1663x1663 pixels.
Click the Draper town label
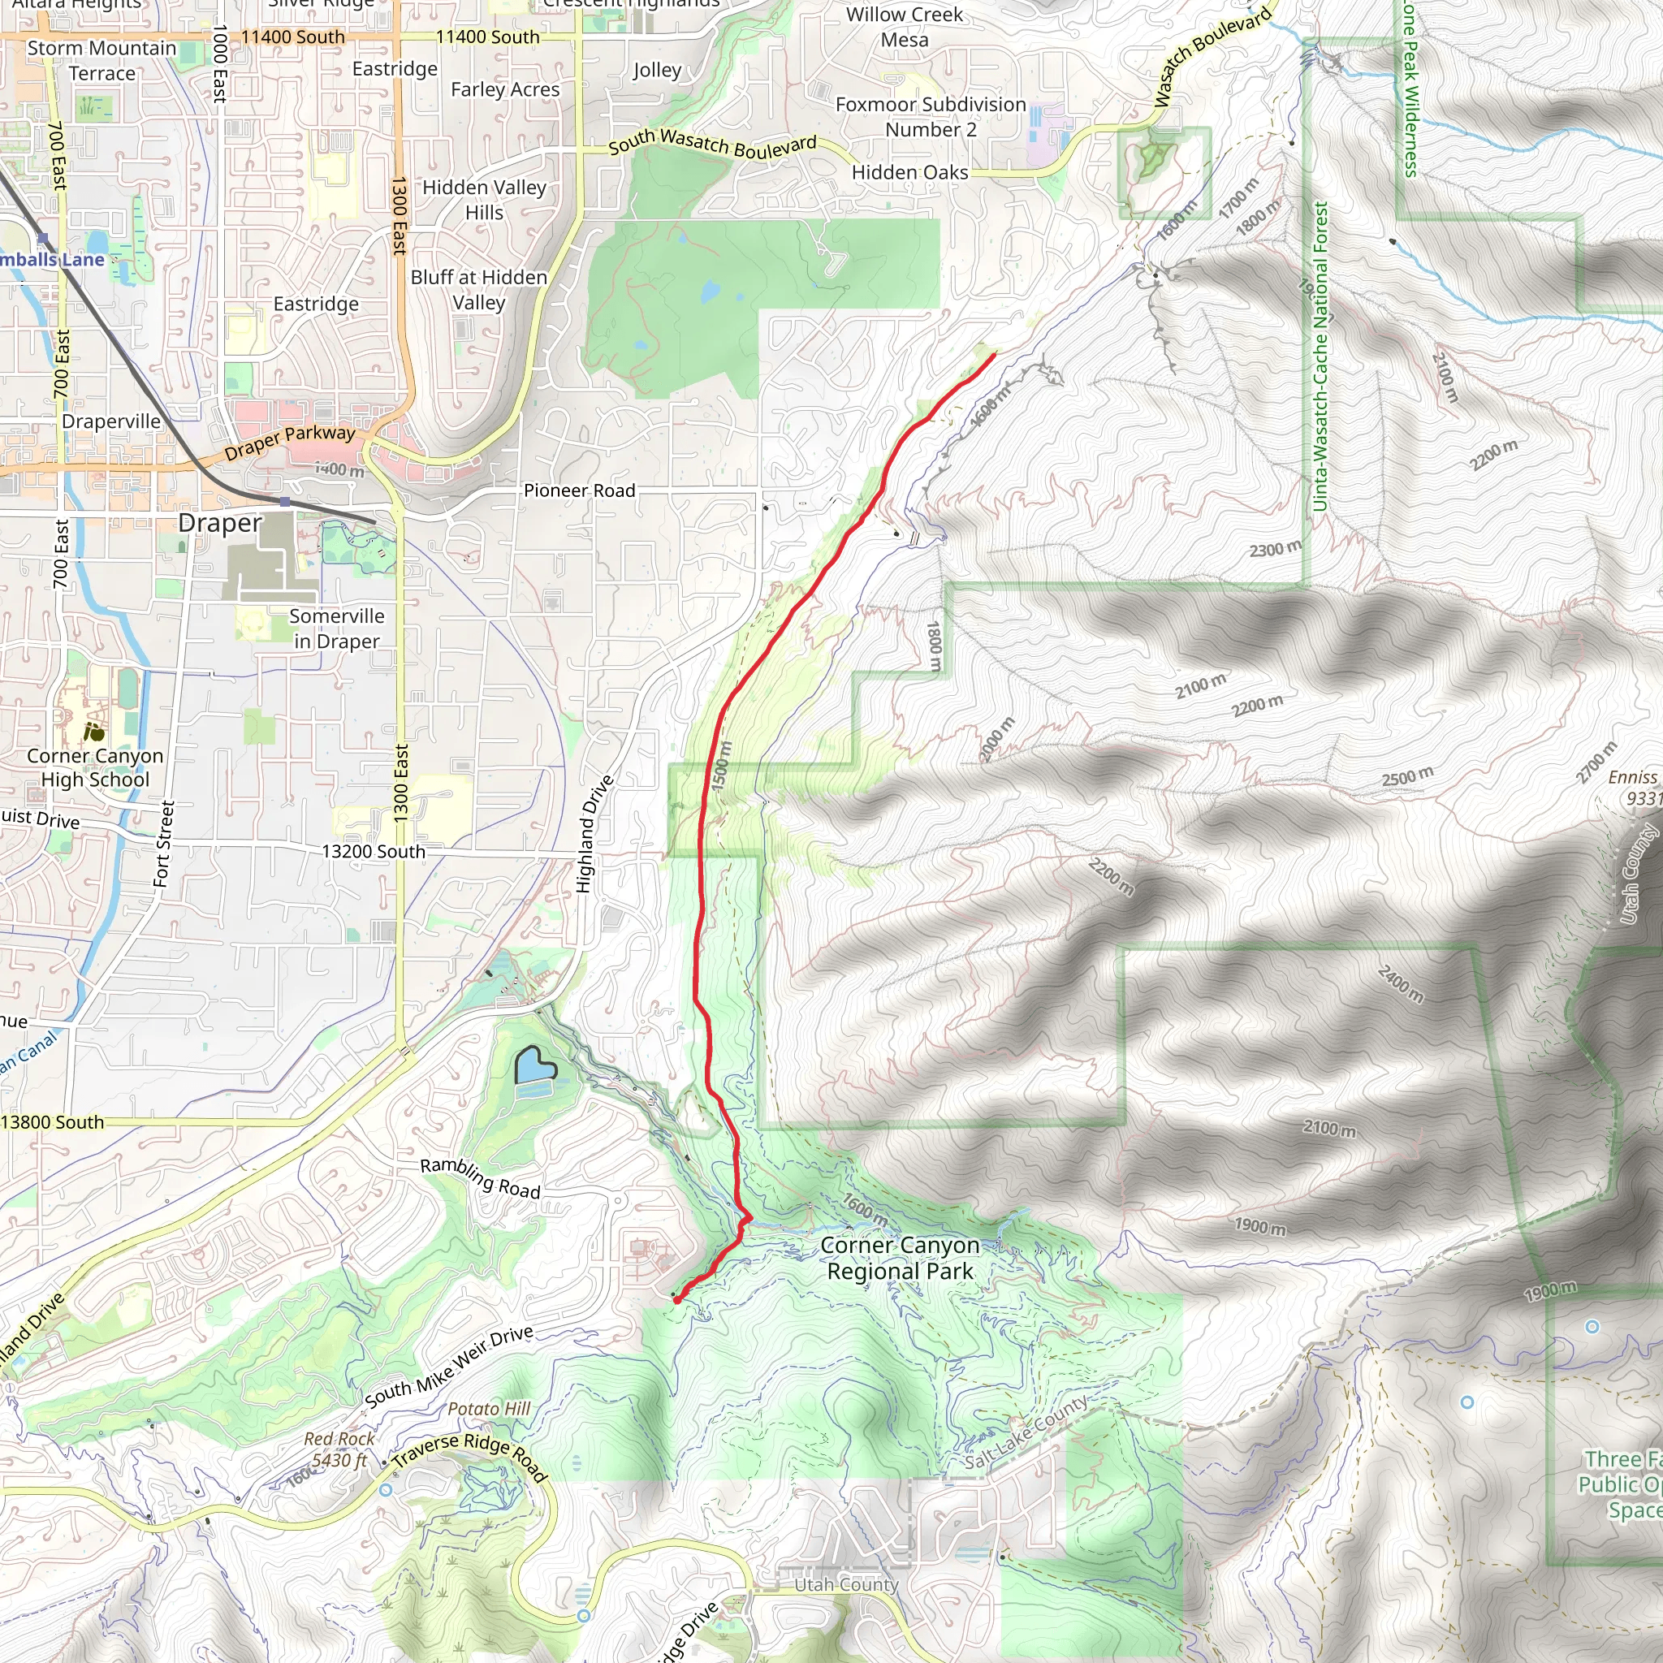tap(219, 524)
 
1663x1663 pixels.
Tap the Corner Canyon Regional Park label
tap(900, 1259)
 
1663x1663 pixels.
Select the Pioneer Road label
tap(579, 490)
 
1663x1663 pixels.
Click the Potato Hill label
tap(489, 1409)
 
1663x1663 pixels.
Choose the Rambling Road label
tap(481, 1178)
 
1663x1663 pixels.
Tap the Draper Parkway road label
tap(289, 442)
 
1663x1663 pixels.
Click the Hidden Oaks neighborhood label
tap(909, 173)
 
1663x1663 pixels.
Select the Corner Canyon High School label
tap(95, 768)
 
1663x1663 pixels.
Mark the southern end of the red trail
tap(677, 1301)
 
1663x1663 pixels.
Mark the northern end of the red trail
tap(995, 354)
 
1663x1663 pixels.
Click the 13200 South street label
tap(373, 851)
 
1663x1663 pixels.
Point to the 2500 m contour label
tap(1407, 776)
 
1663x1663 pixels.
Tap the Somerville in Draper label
tap(336, 628)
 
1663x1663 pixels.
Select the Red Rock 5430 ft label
tap(339, 1449)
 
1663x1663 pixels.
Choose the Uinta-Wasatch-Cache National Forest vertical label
tap(1320, 356)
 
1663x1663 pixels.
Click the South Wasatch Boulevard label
tap(712, 145)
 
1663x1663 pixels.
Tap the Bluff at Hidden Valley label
tap(478, 290)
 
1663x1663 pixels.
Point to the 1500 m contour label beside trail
tap(720, 766)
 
